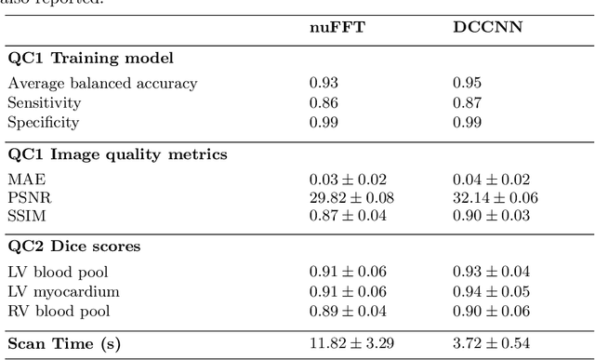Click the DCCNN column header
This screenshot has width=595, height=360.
pyautogui.click(x=480, y=27)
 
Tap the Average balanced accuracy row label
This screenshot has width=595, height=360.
pyautogui.click(x=103, y=83)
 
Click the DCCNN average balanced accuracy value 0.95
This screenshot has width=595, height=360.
pyautogui.click(x=467, y=83)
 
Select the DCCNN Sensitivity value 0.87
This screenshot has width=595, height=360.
pyautogui.click(x=467, y=102)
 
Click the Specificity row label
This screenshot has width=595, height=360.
pyautogui.click(x=45, y=122)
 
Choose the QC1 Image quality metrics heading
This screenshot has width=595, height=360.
pyautogui.click(x=117, y=153)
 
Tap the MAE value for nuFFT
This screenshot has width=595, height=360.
pyautogui.click(x=348, y=179)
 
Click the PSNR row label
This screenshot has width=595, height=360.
pyautogui.click(x=27, y=197)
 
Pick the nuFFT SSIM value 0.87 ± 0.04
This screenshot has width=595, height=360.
pyautogui.click(x=348, y=217)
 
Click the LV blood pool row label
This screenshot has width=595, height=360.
pyautogui.click(x=59, y=273)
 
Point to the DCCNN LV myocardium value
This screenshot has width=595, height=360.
pyautogui.click(x=491, y=292)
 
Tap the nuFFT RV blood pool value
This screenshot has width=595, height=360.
pyautogui.click(x=348, y=311)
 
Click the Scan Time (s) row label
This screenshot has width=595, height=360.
pyautogui.click(x=65, y=343)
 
